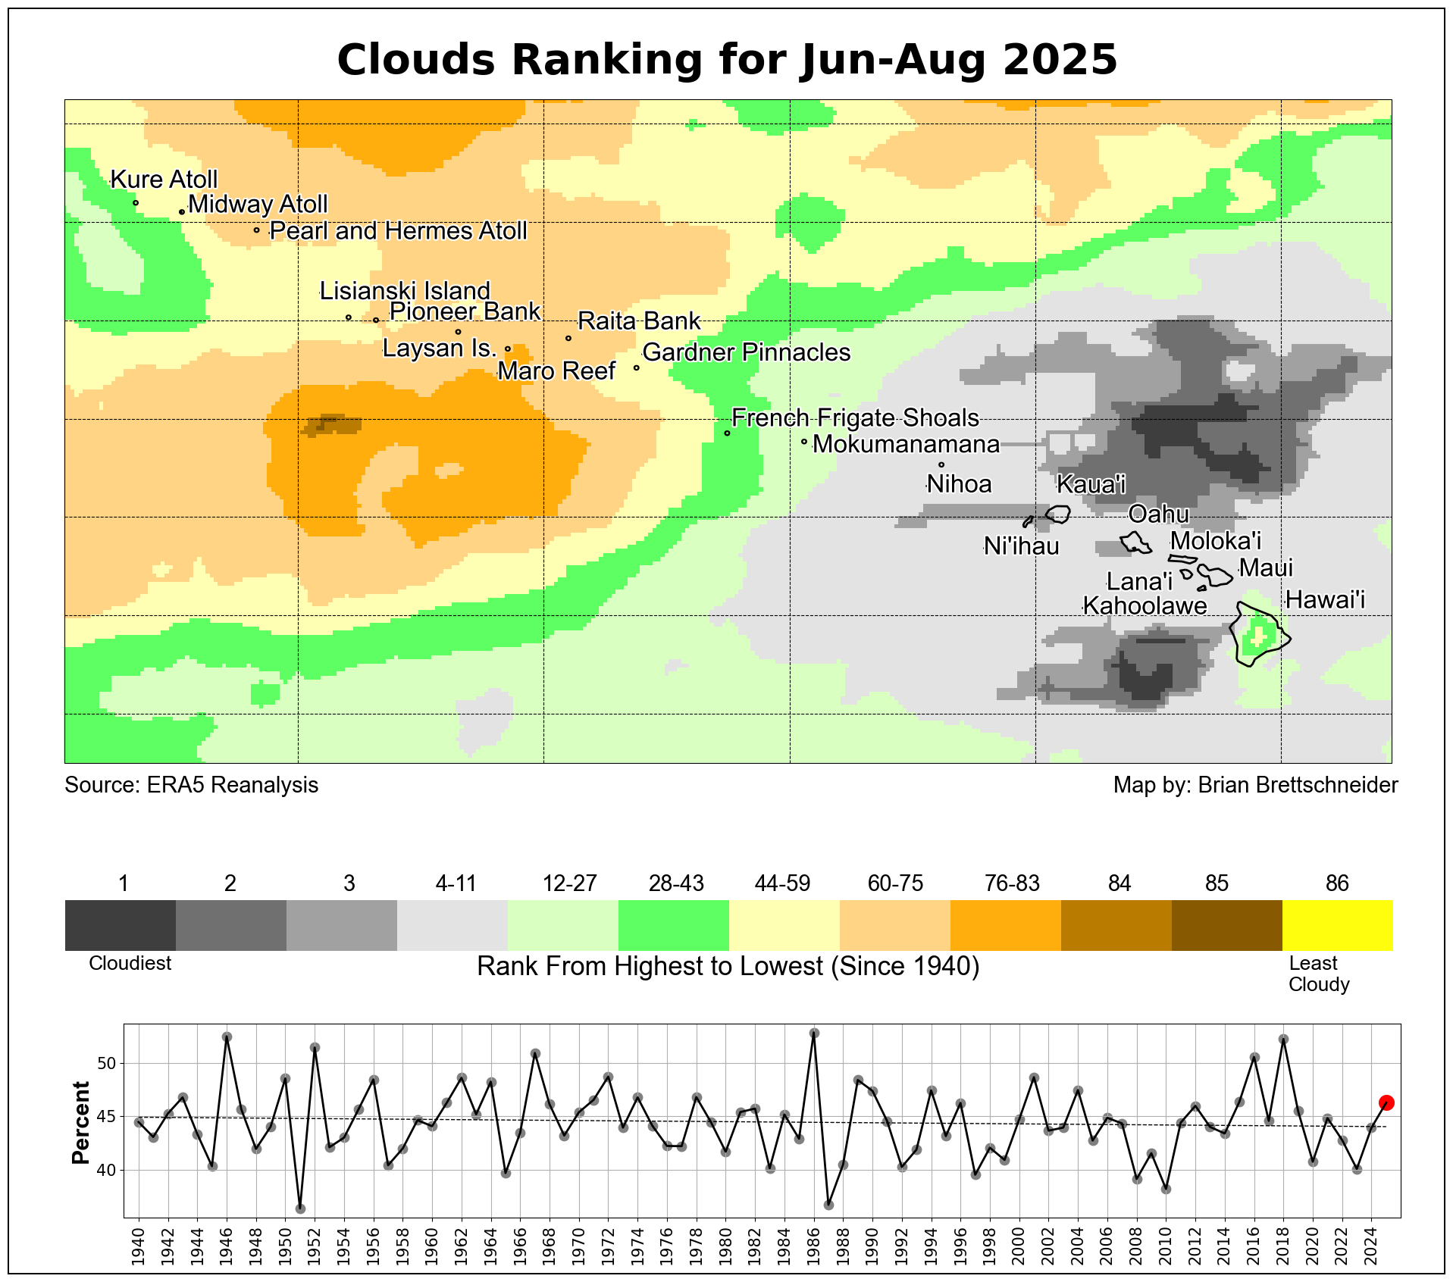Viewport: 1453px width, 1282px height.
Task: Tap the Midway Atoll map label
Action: tap(258, 204)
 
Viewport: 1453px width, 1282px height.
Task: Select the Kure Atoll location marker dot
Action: tap(136, 202)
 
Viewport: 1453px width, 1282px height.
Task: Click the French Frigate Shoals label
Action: tap(855, 417)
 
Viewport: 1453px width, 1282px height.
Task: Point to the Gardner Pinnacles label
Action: tap(746, 352)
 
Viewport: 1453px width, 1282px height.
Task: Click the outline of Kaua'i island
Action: tap(1058, 514)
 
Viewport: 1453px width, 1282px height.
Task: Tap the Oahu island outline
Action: tap(1135, 543)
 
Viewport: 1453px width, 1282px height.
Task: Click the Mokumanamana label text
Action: tap(906, 444)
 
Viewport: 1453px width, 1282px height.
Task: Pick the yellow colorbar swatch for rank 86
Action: tap(1337, 924)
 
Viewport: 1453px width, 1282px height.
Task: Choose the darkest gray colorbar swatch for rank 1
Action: tap(121, 924)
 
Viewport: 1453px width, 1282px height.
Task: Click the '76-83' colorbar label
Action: tap(1012, 883)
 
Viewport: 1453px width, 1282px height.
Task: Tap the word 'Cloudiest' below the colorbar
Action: tap(130, 963)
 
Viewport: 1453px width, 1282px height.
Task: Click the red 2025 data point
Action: tap(1386, 1102)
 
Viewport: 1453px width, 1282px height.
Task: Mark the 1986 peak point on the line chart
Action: tap(814, 1033)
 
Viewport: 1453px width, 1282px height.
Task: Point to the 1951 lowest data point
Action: tap(300, 1208)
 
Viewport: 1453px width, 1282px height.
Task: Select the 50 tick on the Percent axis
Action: tap(107, 1063)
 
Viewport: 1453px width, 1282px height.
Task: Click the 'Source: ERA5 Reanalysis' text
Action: tap(191, 785)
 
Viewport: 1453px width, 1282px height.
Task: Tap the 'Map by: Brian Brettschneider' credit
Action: tap(1255, 785)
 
